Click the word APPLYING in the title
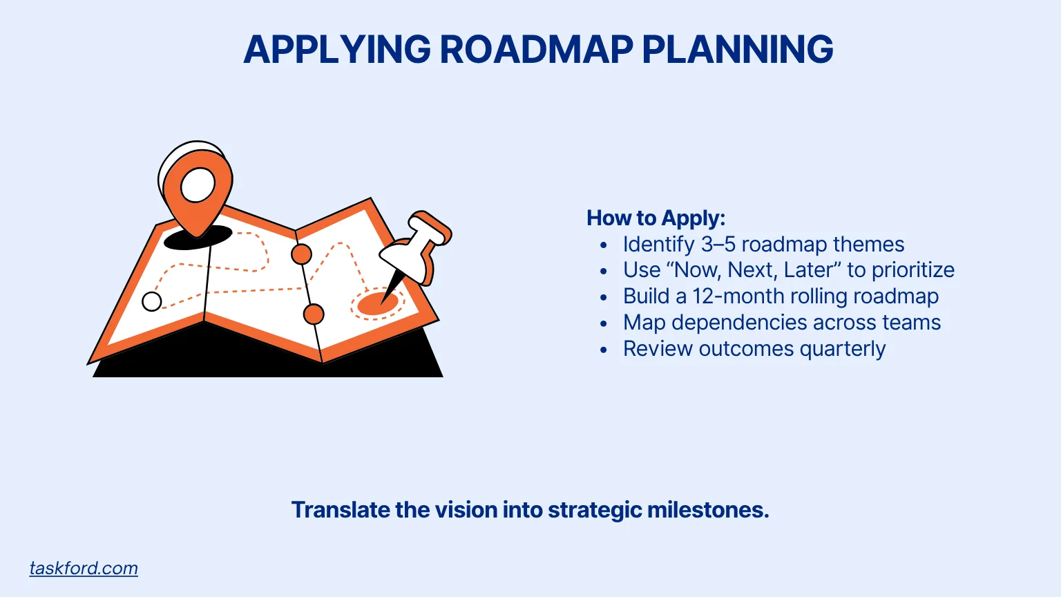coord(337,50)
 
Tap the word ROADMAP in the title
coord(536,50)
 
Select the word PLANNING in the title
coord(737,50)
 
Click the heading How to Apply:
coord(656,218)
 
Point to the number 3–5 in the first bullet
coord(718,245)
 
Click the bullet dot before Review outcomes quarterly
coord(604,350)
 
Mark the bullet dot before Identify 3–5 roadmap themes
coord(604,245)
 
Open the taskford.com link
coord(84,568)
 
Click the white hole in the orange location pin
coord(198,184)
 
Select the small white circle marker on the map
coord(152,301)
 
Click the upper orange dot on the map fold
coord(301,254)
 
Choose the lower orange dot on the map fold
coord(314,314)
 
